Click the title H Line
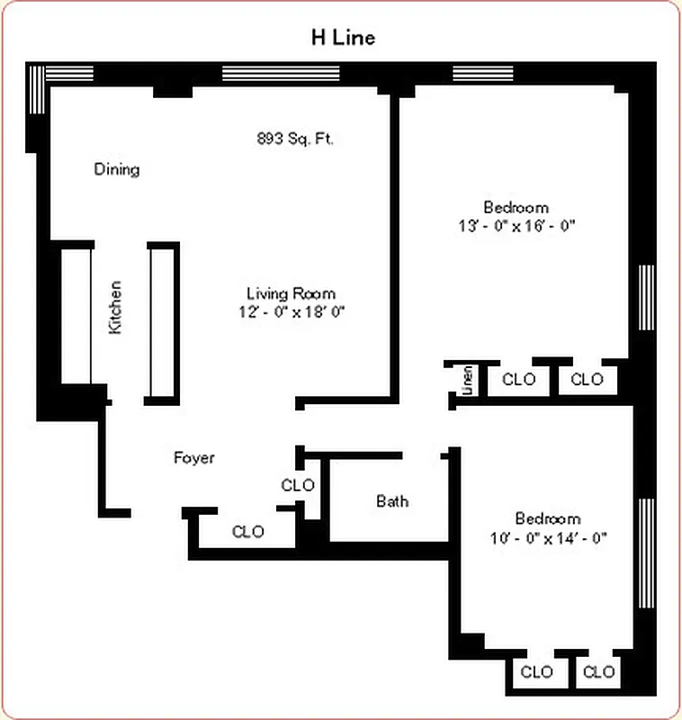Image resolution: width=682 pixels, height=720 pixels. click(x=343, y=37)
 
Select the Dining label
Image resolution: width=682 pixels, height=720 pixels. click(x=117, y=169)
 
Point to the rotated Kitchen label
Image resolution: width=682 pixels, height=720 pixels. click(x=115, y=309)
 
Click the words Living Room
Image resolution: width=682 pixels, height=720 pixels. click(x=291, y=293)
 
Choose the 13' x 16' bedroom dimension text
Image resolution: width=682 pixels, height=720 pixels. click(x=516, y=225)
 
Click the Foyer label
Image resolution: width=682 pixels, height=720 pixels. click(x=194, y=458)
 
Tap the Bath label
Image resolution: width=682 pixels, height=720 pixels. click(x=392, y=500)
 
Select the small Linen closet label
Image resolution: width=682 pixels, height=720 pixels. click(x=468, y=380)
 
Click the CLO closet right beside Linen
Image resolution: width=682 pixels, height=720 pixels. click(x=518, y=380)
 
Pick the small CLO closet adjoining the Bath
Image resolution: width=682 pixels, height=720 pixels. click(x=298, y=485)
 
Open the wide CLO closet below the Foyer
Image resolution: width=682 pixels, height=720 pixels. click(x=248, y=531)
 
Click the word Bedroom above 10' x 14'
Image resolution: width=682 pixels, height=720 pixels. click(x=547, y=519)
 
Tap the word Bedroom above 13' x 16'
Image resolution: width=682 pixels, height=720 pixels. click(x=516, y=207)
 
